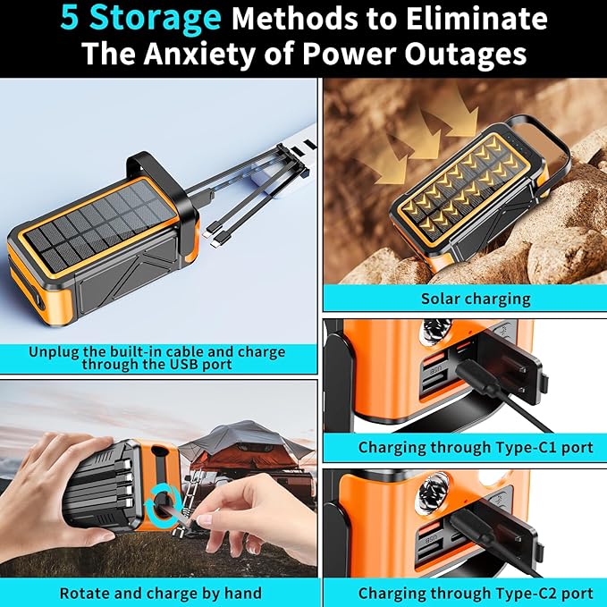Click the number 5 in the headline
[72, 19]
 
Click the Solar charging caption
[463, 299]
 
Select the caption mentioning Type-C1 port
[463, 446]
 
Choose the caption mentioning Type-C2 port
[463, 593]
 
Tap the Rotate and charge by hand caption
[160, 593]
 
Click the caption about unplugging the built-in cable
[158, 358]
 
